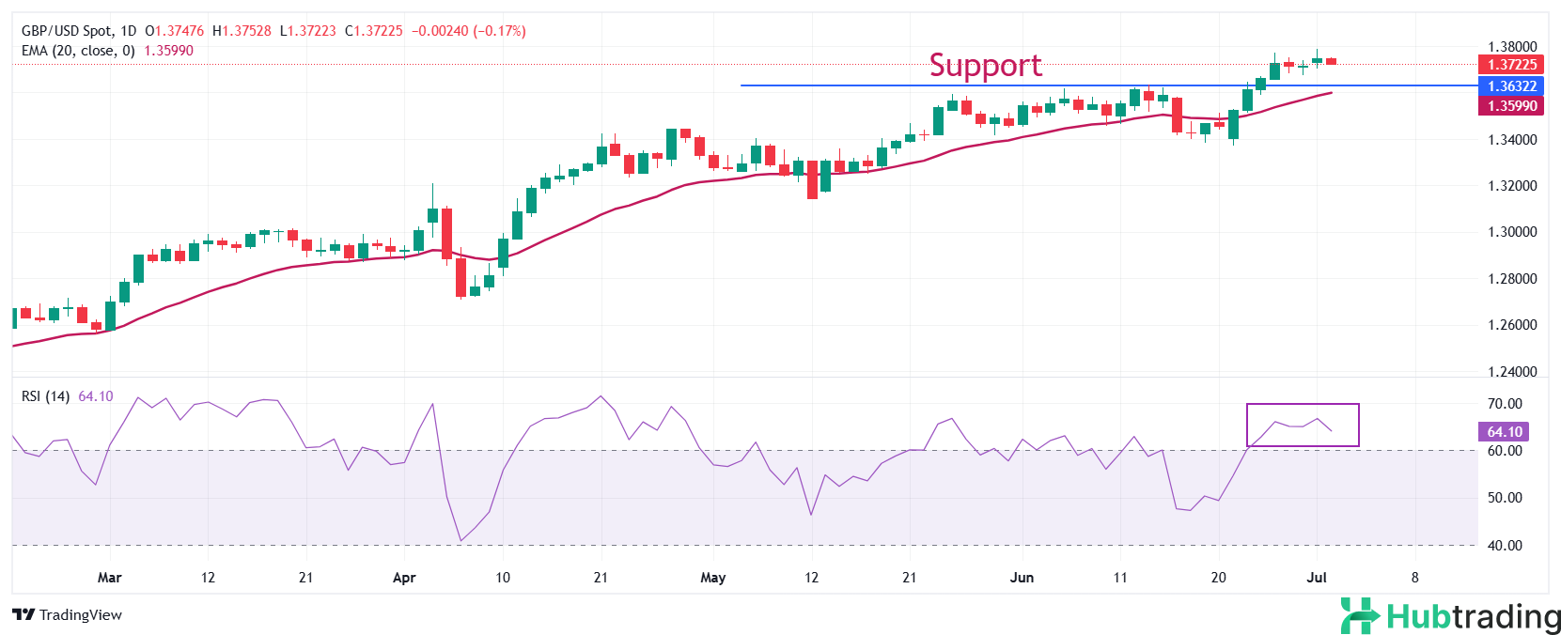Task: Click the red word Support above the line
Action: pyautogui.click(x=985, y=65)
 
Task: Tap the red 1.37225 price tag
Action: pyautogui.click(x=1511, y=65)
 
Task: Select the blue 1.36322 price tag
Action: pyautogui.click(x=1511, y=86)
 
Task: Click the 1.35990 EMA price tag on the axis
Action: pyautogui.click(x=1511, y=106)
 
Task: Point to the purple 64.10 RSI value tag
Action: pyautogui.click(x=1504, y=432)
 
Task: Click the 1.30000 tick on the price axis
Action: pyautogui.click(x=1512, y=232)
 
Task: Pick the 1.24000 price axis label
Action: pyautogui.click(x=1512, y=372)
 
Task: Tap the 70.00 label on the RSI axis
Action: pyautogui.click(x=1505, y=404)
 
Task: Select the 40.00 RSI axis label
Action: pyautogui.click(x=1505, y=546)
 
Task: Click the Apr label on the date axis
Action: pyautogui.click(x=404, y=578)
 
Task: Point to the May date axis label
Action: pyautogui.click(x=713, y=578)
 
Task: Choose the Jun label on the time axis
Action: pyautogui.click(x=1022, y=578)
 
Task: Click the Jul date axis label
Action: pyautogui.click(x=1317, y=578)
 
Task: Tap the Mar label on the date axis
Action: pyautogui.click(x=110, y=578)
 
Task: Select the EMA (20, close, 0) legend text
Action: pyautogui.click(x=78, y=51)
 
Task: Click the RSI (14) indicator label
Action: pyautogui.click(x=45, y=396)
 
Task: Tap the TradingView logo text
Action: pyautogui.click(x=68, y=615)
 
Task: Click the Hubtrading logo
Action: pyautogui.click(x=1450, y=616)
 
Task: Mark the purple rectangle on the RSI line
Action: pyautogui.click(x=1303, y=425)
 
